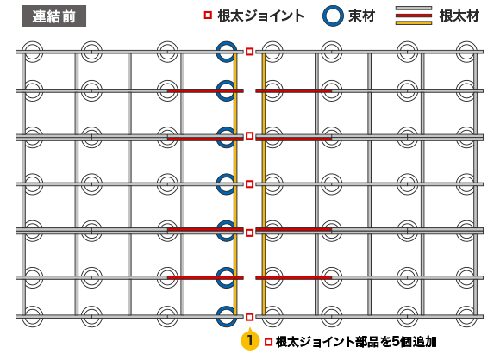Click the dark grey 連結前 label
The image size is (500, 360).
tap(54, 16)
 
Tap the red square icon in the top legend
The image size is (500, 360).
tap(208, 15)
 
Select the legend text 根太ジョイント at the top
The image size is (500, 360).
tap(261, 16)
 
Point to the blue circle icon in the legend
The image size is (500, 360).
tap(333, 16)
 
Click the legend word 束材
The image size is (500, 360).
tap(361, 16)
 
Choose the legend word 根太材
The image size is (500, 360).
tap(459, 16)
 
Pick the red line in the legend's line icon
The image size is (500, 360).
tap(414, 16)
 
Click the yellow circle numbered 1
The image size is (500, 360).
tap(250, 341)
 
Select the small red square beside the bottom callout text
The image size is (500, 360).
tap(268, 342)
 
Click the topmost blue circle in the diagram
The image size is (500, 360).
tap(227, 52)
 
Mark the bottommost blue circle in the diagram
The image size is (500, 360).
tap(227, 316)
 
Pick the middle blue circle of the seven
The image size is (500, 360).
tap(227, 184)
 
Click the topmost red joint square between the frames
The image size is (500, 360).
tap(250, 52)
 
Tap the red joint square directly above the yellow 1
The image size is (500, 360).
tap(250, 317)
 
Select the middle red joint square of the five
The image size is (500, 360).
tap(250, 184)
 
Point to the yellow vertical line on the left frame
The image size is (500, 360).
tap(235, 184)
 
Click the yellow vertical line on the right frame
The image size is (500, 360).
tap(264, 184)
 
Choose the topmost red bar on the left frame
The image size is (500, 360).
tap(206, 90)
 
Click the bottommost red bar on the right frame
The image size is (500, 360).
tap(294, 278)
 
